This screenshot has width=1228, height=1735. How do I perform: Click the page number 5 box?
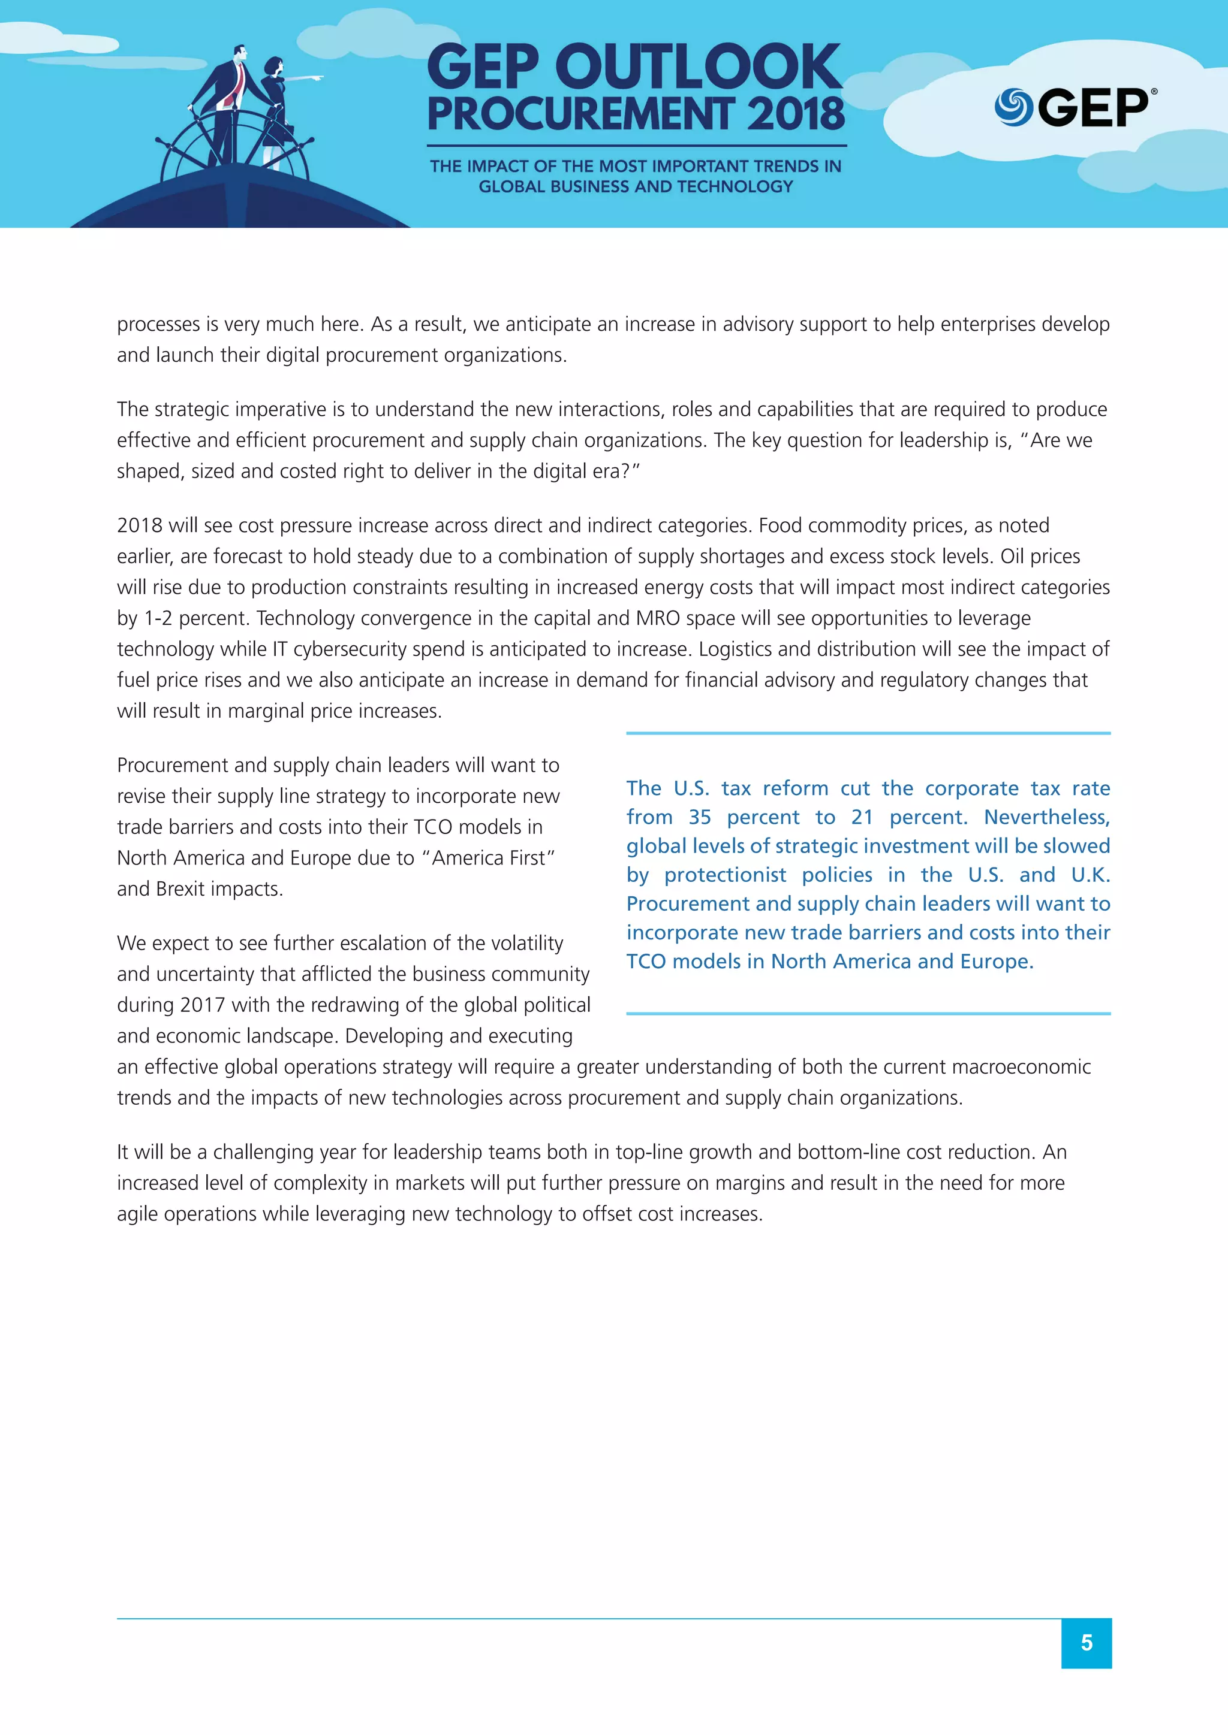tap(1086, 1643)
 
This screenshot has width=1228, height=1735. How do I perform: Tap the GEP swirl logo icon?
tap(1013, 107)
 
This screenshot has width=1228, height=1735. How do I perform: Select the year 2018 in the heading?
tap(796, 115)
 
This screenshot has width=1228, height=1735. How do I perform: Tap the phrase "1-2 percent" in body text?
tap(196, 618)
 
